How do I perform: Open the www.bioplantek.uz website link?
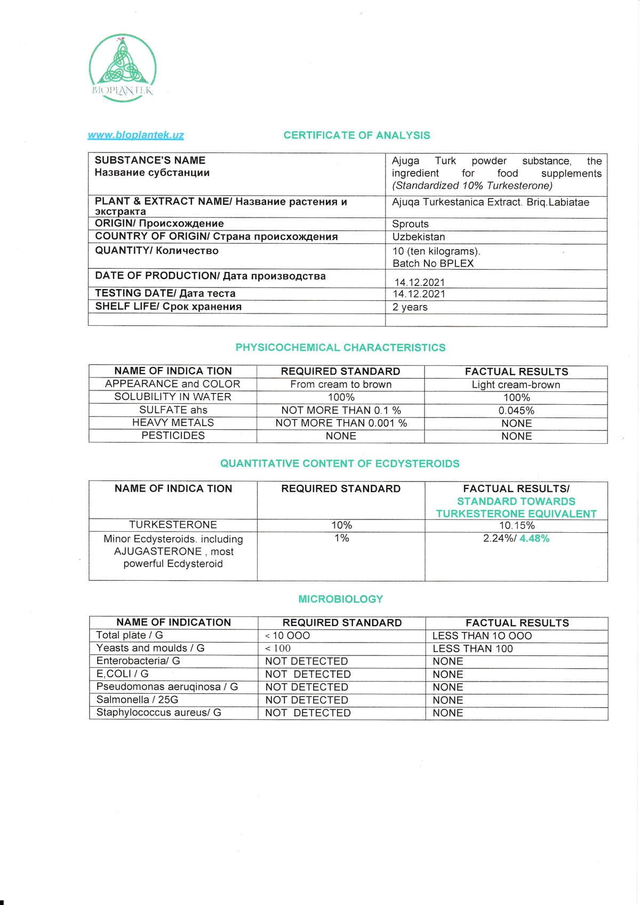[135, 135]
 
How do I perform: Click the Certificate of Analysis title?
[356, 135]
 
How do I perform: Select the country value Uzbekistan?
[419, 237]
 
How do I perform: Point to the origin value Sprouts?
[410, 224]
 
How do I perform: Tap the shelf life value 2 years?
[410, 307]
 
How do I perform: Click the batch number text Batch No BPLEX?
[433, 263]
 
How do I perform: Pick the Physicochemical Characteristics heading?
[340, 348]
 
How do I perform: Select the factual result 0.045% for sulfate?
[516, 411]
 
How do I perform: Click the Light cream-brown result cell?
[516, 385]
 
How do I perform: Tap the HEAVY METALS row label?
[173, 423]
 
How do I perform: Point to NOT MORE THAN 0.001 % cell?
[341, 423]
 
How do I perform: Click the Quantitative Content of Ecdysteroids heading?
[340, 463]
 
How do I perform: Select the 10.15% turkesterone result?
[516, 525]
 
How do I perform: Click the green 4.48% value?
[534, 539]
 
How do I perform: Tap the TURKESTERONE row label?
[173, 525]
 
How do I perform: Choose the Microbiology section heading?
[340, 599]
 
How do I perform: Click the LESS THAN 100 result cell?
[473, 648]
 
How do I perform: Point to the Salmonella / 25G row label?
[137, 700]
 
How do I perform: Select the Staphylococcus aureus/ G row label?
[158, 712]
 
